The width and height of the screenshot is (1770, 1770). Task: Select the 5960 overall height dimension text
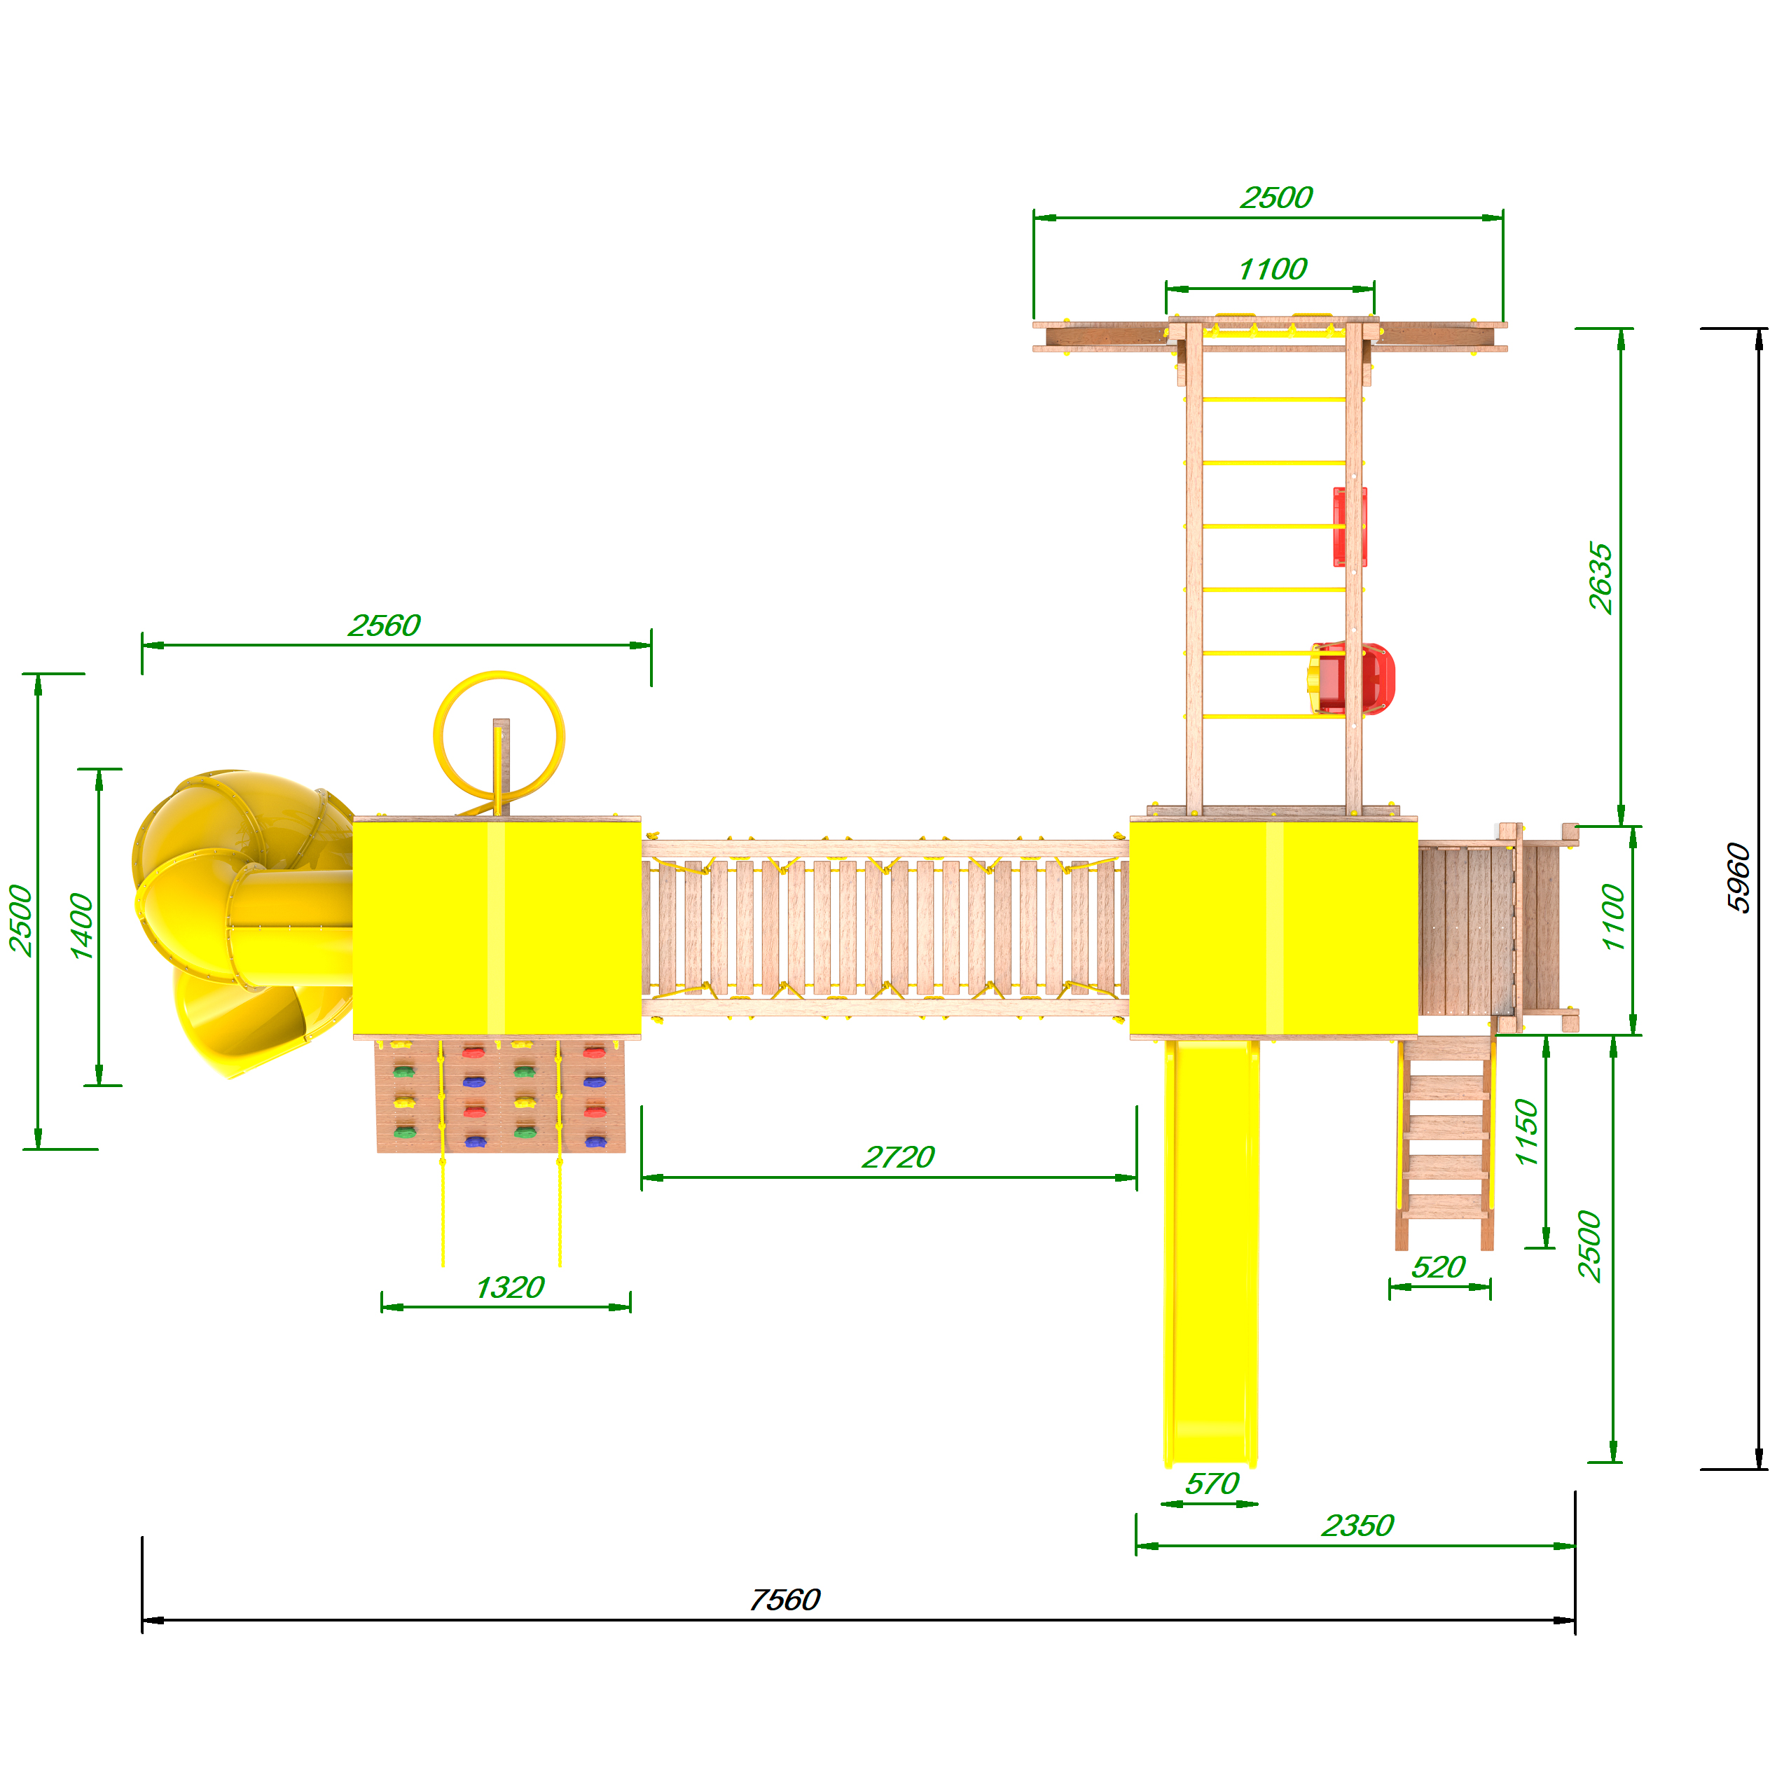pyautogui.click(x=1738, y=878)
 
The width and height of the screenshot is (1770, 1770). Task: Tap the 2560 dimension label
pyautogui.click(x=384, y=625)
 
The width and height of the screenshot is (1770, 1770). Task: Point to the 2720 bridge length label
pyautogui.click(x=898, y=1157)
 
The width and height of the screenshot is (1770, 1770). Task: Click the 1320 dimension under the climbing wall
pyautogui.click(x=509, y=1288)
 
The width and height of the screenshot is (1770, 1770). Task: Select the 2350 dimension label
pyautogui.click(x=1357, y=1526)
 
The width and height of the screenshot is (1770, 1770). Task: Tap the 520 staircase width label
pyautogui.click(x=1439, y=1267)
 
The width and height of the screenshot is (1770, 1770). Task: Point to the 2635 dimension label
pyautogui.click(x=1600, y=578)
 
